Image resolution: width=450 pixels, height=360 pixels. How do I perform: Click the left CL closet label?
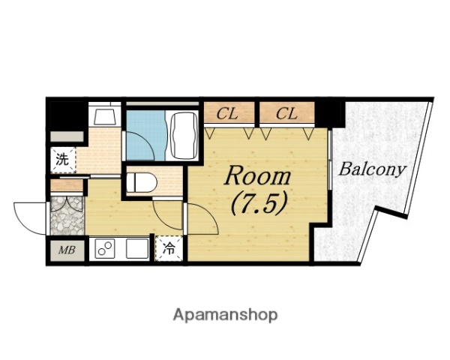227,114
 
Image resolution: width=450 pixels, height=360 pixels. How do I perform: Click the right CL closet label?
286,114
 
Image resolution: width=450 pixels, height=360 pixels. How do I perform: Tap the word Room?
258,176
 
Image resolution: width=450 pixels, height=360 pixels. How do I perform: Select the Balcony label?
373,169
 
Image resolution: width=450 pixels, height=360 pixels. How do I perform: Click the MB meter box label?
67,250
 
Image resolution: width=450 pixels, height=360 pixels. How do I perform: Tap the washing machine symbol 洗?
62,160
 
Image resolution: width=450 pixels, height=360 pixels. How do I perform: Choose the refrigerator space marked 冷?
169,248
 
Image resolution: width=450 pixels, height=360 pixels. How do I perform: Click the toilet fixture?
142,182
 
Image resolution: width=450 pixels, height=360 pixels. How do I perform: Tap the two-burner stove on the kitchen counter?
104,248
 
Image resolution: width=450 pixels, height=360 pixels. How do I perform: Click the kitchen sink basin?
137,248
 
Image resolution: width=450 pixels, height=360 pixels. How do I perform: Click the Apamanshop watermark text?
225,315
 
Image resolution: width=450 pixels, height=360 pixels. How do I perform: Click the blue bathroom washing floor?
146,136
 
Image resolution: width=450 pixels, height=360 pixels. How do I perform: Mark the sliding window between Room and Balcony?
330,160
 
